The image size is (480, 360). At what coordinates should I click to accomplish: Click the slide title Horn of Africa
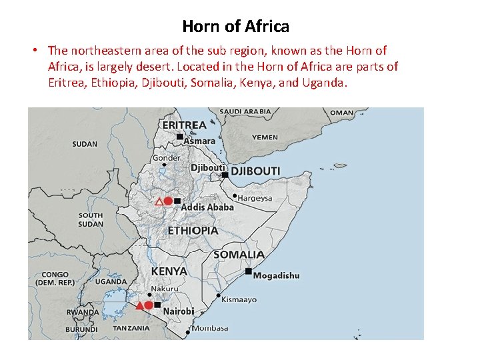click(235, 27)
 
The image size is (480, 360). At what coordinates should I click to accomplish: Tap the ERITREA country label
click(184, 125)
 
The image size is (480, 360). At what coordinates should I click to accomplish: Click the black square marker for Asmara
click(179, 137)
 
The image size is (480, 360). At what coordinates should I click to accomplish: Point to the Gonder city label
click(167, 158)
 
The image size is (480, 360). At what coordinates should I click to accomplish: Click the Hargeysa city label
click(255, 198)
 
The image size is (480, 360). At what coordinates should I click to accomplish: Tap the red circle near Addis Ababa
click(169, 201)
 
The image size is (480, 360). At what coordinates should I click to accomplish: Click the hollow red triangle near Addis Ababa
click(159, 201)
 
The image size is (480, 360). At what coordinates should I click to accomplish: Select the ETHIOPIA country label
click(193, 230)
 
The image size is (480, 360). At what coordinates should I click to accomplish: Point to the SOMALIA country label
click(239, 255)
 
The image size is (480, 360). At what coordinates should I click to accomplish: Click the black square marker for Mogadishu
click(248, 271)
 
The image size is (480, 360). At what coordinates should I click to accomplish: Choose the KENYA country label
click(169, 272)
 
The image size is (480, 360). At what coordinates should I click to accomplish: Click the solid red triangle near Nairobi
click(139, 305)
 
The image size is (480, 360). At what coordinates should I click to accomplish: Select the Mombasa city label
click(210, 328)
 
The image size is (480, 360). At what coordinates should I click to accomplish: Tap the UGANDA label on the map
click(111, 282)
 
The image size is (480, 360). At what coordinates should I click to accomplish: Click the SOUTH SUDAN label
click(91, 219)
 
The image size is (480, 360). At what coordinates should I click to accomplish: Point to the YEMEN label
click(265, 137)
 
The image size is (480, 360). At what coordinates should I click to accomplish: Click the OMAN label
click(342, 113)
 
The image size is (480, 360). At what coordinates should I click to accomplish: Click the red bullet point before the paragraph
click(33, 51)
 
